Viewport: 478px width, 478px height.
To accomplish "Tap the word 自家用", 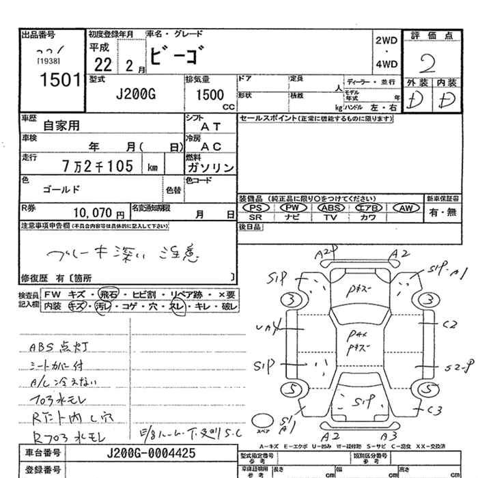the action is (x=61, y=126).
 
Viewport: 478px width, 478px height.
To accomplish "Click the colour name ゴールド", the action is (x=61, y=189).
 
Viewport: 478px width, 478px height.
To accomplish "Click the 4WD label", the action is (x=386, y=66).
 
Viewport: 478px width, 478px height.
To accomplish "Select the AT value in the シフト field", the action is (x=211, y=126).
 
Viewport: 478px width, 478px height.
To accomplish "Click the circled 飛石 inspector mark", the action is (x=108, y=294).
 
